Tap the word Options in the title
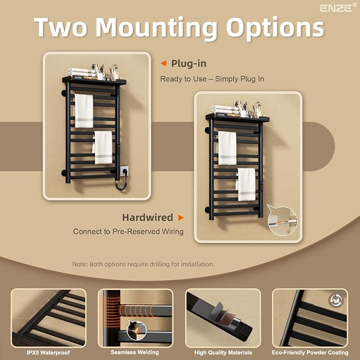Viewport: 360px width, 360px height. click(x=275, y=28)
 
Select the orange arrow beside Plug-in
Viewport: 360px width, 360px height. click(x=163, y=64)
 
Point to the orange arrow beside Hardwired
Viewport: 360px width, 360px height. click(x=181, y=217)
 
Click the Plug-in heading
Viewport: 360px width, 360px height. click(x=189, y=64)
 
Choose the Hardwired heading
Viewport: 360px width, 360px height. click(x=147, y=217)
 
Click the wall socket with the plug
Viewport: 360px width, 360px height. click(x=124, y=171)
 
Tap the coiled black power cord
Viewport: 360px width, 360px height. click(x=120, y=184)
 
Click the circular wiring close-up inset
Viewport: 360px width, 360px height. click(x=282, y=221)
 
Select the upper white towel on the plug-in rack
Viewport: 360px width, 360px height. click(x=84, y=111)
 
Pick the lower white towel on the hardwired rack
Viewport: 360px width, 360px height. click(x=246, y=185)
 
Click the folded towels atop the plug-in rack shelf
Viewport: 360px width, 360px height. click(x=81, y=72)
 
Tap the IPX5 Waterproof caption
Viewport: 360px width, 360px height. click(x=48, y=353)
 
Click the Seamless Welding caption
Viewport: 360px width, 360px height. click(x=135, y=352)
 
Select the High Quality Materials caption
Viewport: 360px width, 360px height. click(x=223, y=353)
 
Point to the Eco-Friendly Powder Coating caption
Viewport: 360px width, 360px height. click(x=310, y=353)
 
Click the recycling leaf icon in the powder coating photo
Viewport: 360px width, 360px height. click(x=336, y=300)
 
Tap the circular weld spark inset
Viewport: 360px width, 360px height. click(x=137, y=330)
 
